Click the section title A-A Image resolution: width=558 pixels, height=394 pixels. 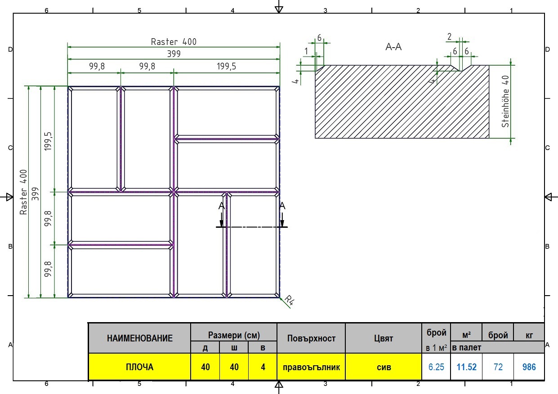point(393,47)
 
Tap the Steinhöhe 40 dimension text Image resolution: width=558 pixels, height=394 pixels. point(505,102)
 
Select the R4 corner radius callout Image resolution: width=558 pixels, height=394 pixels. point(290,300)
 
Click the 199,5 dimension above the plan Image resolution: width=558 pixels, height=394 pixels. point(226,66)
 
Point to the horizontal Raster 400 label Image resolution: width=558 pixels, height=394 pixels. point(174,42)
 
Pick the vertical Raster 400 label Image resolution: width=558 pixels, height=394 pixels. point(23,192)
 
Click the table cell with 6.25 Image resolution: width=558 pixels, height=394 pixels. point(436,367)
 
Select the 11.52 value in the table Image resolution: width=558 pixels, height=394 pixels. point(466,367)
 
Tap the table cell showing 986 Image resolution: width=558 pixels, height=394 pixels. point(529,367)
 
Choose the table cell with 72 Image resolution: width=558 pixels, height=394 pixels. point(498,367)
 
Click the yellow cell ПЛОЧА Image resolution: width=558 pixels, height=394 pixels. point(139,367)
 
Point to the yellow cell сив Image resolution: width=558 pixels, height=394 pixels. point(384,367)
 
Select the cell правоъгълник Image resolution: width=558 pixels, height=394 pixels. point(311,367)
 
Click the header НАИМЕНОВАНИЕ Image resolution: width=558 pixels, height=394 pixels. point(139,338)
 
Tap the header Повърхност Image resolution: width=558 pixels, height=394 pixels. point(311,338)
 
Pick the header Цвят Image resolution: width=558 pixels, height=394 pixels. point(384,338)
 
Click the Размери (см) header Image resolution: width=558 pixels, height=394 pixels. point(234,335)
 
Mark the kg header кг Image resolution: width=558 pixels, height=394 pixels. point(529,335)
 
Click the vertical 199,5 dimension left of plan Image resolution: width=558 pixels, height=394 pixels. point(48,141)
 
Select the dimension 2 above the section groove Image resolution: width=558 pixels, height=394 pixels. point(449,36)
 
